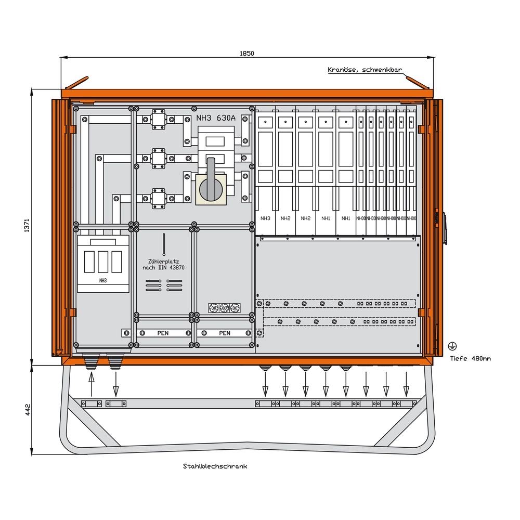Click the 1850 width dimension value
[247, 54]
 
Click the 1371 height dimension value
[27, 225]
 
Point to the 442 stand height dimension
[27, 409]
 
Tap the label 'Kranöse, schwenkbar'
[365, 70]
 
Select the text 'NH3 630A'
[216, 118]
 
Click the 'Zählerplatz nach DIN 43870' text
[164, 265]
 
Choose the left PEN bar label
[163, 333]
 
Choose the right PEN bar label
[225, 333]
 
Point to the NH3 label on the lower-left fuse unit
[102, 280]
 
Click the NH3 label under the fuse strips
[265, 218]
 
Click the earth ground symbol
[452, 345]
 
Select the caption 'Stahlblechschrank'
[215, 466]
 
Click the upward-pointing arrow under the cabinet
[92, 385]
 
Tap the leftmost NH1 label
[326, 218]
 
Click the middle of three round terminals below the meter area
[225, 308]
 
